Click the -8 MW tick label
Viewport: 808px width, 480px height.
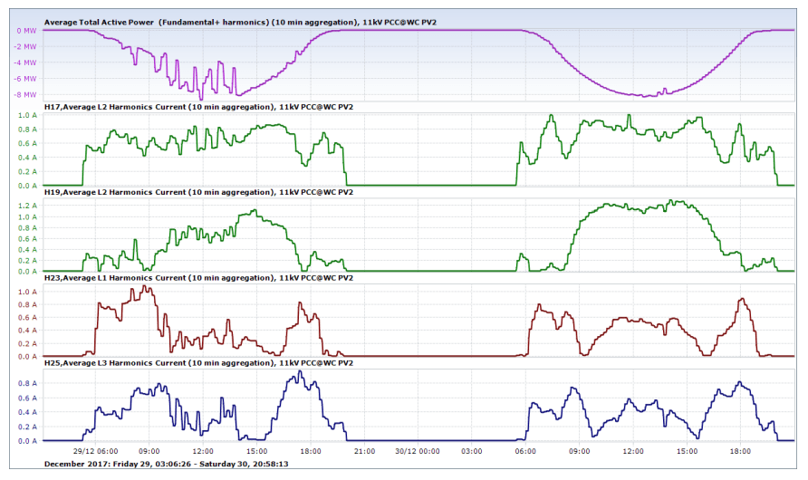pyautogui.click(x=24, y=95)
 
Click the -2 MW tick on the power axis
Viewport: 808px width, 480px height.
pyautogui.click(x=24, y=46)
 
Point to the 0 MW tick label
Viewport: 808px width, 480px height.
pyautogui.click(x=26, y=30)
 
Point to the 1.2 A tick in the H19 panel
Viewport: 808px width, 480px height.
pyautogui.click(x=25, y=205)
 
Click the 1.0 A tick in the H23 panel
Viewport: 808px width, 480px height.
pyautogui.click(x=25, y=293)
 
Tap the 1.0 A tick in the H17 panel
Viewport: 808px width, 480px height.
pyautogui.click(x=25, y=116)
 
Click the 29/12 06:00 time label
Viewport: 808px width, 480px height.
pyautogui.click(x=94, y=451)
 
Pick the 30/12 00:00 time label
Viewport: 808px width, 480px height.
pyautogui.click(x=417, y=451)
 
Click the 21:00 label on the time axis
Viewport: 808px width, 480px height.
pyautogui.click(x=363, y=451)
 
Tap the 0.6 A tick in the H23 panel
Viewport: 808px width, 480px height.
pyautogui.click(x=25, y=318)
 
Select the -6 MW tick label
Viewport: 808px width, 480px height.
pyautogui.click(x=24, y=79)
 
